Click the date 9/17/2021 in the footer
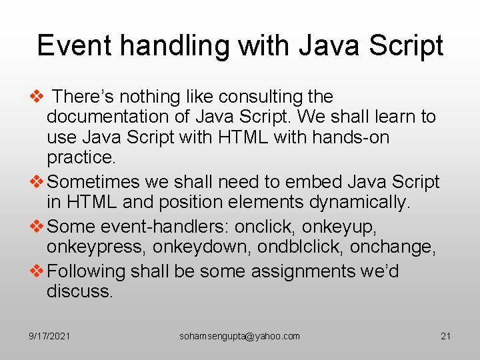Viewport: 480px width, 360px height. [50, 336]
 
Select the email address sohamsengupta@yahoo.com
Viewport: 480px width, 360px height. [239, 336]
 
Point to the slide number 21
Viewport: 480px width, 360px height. [445, 336]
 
